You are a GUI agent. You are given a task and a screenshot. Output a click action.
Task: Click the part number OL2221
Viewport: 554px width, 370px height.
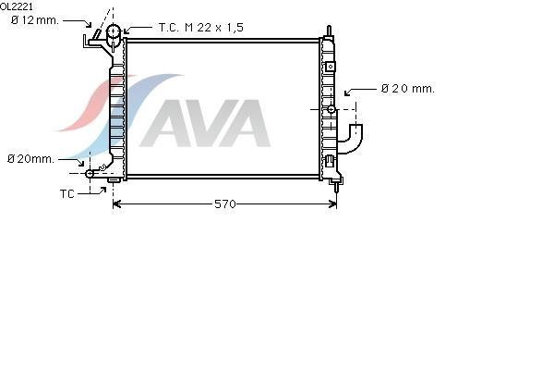coord(17,6)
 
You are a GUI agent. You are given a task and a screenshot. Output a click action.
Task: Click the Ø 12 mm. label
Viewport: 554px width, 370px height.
coord(35,20)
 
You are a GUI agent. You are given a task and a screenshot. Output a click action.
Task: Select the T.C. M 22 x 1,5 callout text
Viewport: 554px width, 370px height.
coord(201,28)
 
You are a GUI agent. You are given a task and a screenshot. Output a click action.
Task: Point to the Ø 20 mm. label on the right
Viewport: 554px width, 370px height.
coord(408,89)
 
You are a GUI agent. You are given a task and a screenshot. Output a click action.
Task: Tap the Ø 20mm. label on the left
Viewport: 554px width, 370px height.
coord(30,159)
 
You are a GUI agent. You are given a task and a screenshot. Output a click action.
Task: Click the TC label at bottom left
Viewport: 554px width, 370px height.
coord(67,194)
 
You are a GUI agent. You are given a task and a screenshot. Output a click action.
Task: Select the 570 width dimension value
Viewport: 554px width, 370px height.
coord(225,203)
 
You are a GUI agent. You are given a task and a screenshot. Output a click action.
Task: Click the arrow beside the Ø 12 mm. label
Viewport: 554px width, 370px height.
coord(77,22)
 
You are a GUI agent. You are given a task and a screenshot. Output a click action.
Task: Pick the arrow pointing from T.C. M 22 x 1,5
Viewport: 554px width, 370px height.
coord(138,29)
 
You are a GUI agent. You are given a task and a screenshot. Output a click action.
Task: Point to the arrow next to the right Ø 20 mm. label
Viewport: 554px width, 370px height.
coord(360,91)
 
